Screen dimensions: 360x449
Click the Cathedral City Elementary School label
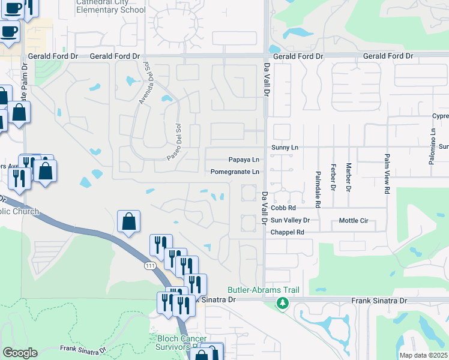tap(110, 6)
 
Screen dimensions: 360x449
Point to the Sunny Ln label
tap(285, 147)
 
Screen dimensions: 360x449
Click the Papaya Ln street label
tap(244, 160)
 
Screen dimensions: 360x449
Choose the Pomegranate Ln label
tap(235, 172)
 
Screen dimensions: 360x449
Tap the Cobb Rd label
tap(283, 208)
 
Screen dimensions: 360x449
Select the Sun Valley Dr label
tap(290, 220)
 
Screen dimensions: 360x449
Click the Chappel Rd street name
tap(288, 232)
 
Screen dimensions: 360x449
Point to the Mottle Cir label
tap(354, 220)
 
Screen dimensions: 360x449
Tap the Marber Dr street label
tap(348, 177)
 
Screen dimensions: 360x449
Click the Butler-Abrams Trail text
tap(263, 290)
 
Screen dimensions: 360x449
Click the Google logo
tap(20, 353)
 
